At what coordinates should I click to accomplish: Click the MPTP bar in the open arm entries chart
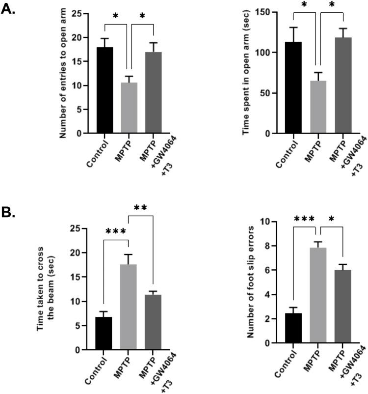click(129, 108)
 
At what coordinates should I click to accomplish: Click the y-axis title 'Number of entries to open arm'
click(63, 74)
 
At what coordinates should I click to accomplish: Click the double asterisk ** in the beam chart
click(141, 208)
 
